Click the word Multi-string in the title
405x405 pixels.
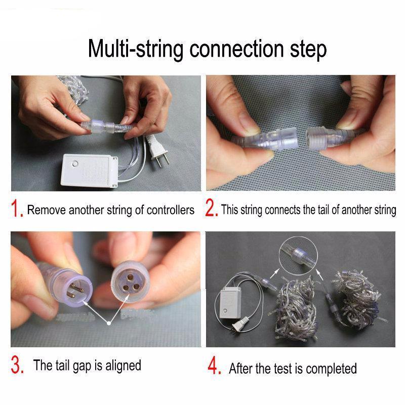point(136,50)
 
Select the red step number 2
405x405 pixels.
point(212,208)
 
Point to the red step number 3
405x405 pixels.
point(17,365)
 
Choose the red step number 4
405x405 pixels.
point(214,366)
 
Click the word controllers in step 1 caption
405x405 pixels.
point(171,210)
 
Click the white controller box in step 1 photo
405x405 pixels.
point(89,171)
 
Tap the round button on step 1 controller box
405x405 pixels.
point(75,164)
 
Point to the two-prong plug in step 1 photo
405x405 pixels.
point(156,150)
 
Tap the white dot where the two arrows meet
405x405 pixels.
point(109,323)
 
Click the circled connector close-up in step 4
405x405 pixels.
point(298,257)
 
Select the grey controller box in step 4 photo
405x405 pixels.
point(230,302)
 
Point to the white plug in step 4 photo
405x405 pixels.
point(240,324)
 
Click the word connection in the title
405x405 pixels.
point(236,49)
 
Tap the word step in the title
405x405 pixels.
point(308,50)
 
